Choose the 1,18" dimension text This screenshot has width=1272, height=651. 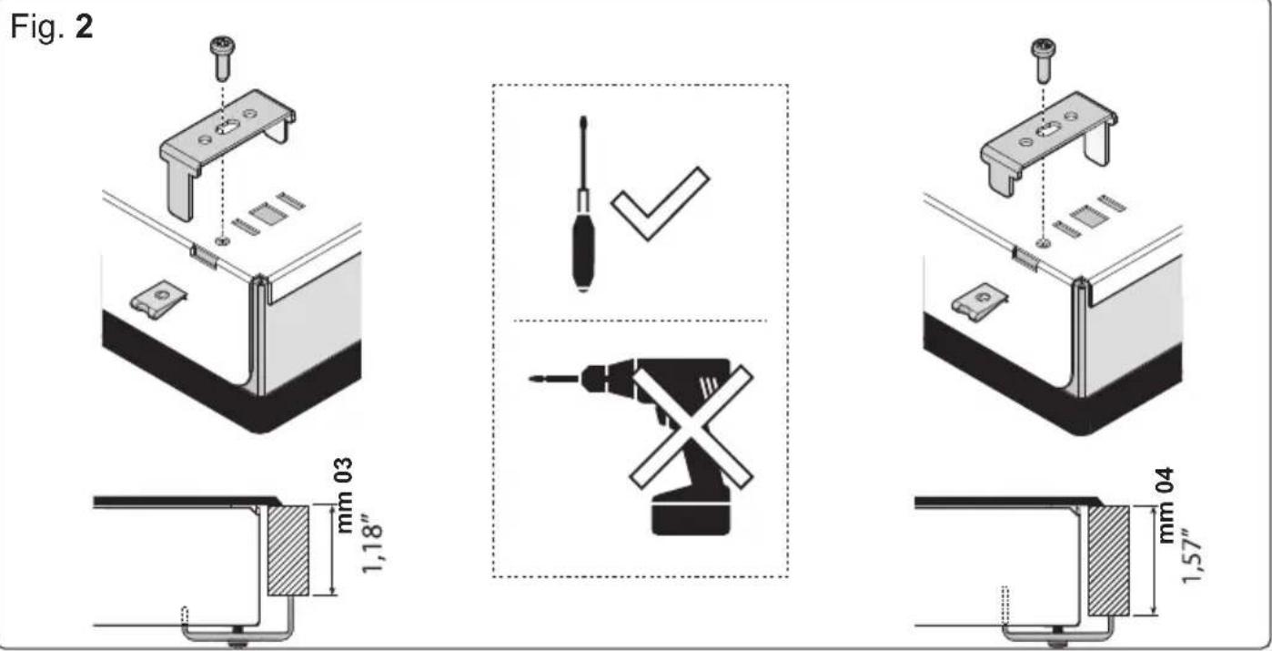[368, 546]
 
